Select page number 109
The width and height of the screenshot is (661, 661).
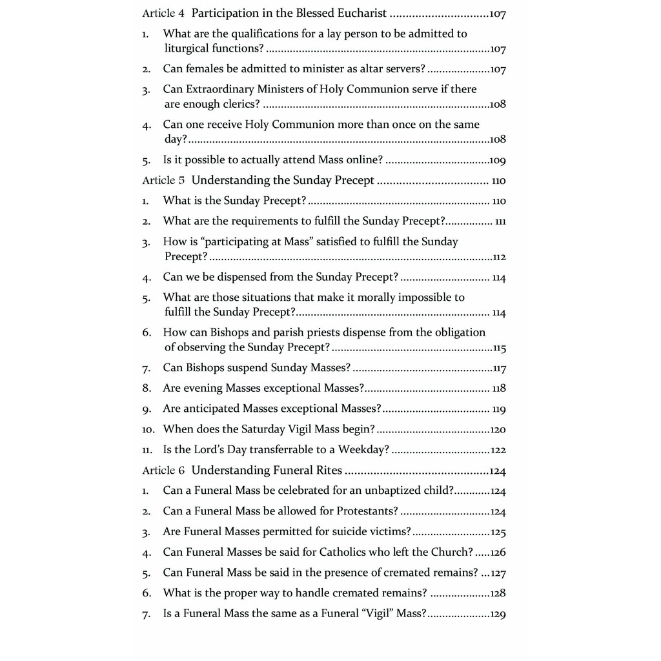[x=498, y=160]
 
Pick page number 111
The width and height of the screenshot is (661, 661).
[x=500, y=221]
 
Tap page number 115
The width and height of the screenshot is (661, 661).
[x=499, y=349]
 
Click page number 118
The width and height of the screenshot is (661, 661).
[x=499, y=389]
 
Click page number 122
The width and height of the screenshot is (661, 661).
[x=498, y=451]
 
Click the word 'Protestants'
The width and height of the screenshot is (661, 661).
[x=367, y=511]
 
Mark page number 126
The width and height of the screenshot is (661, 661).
[x=498, y=553]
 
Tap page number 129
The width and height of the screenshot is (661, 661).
[x=498, y=615]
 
